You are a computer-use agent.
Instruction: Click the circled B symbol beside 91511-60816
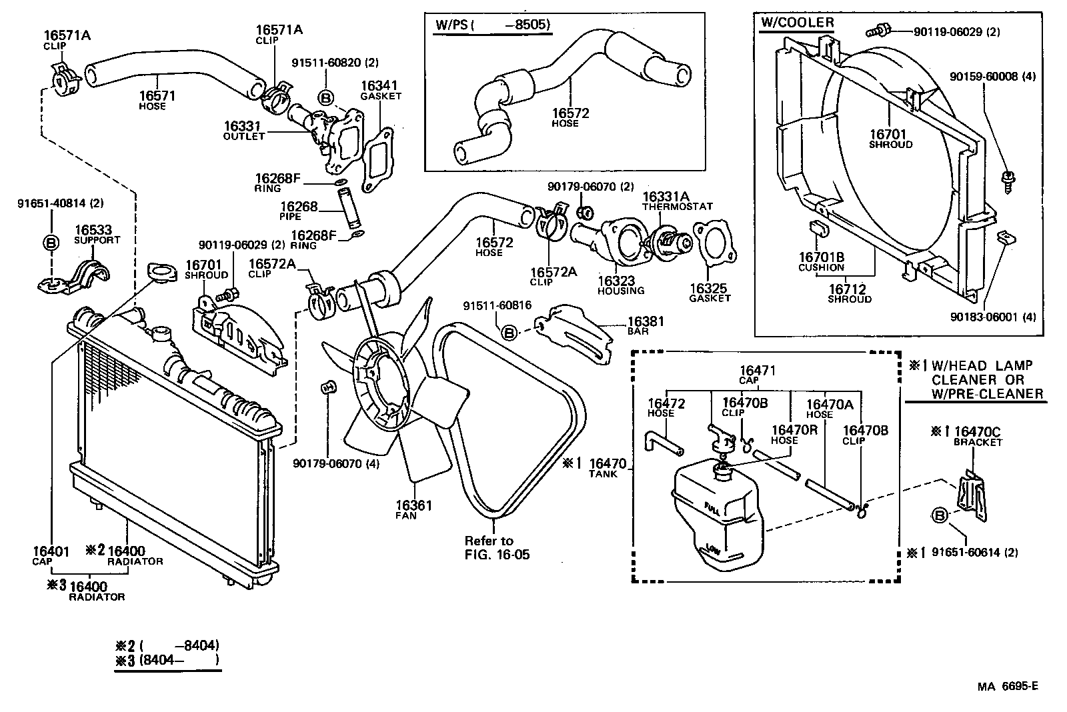509,332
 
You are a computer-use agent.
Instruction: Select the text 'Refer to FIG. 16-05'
491,547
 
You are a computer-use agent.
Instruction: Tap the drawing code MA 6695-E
1008,687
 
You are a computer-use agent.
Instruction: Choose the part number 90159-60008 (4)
992,77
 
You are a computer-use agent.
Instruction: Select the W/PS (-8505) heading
492,25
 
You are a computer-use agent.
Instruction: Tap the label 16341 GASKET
380,90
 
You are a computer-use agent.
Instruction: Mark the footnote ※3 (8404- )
167,661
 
